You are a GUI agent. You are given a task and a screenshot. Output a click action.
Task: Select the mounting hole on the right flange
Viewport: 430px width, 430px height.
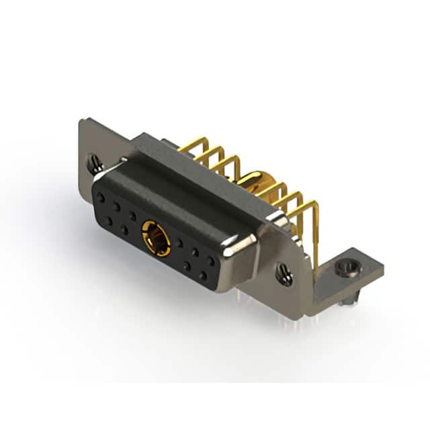[x=285, y=273]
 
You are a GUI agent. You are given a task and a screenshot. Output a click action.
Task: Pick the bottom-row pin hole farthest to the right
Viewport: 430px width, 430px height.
[x=203, y=275]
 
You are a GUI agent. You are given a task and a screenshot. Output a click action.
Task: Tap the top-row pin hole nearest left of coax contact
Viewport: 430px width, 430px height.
[x=132, y=216]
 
